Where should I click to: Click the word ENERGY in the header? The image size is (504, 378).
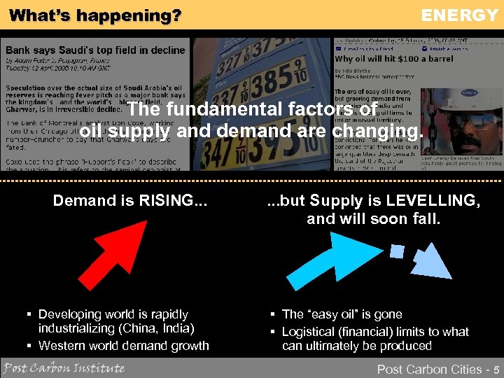(x=458, y=15)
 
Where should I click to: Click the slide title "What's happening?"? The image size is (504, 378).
(x=95, y=15)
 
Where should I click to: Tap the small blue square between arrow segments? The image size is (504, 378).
(x=397, y=251)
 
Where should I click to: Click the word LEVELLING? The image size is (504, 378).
(x=436, y=201)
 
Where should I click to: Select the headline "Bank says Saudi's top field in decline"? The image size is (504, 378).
(x=96, y=50)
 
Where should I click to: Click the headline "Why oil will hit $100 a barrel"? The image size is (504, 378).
(x=394, y=59)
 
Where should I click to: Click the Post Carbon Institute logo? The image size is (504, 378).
(x=64, y=368)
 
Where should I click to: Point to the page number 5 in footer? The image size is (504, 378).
(x=496, y=369)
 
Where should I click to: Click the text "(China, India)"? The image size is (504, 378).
(x=159, y=329)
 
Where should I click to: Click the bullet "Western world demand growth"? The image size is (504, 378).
(x=123, y=346)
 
